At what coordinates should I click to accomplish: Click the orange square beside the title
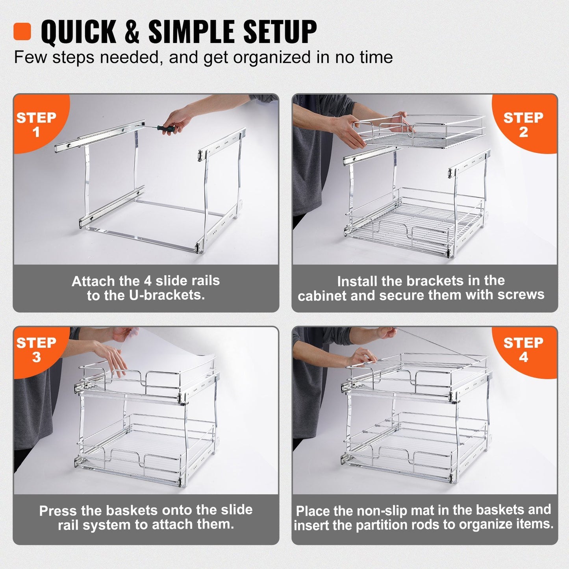[22, 32]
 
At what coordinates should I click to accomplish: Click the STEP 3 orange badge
[37, 350]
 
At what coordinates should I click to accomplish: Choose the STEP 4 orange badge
[524, 350]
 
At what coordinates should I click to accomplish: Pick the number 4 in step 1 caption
[148, 281]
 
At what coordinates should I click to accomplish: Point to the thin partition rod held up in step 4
[433, 345]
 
